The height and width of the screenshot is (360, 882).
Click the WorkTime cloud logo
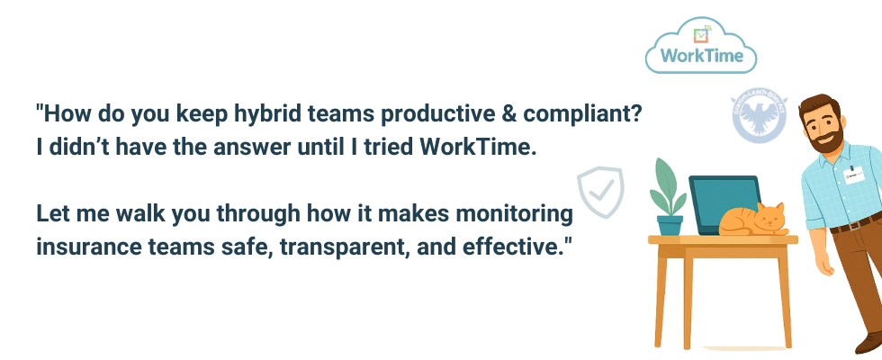coord(701,48)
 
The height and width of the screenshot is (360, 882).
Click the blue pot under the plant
coord(670,224)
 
